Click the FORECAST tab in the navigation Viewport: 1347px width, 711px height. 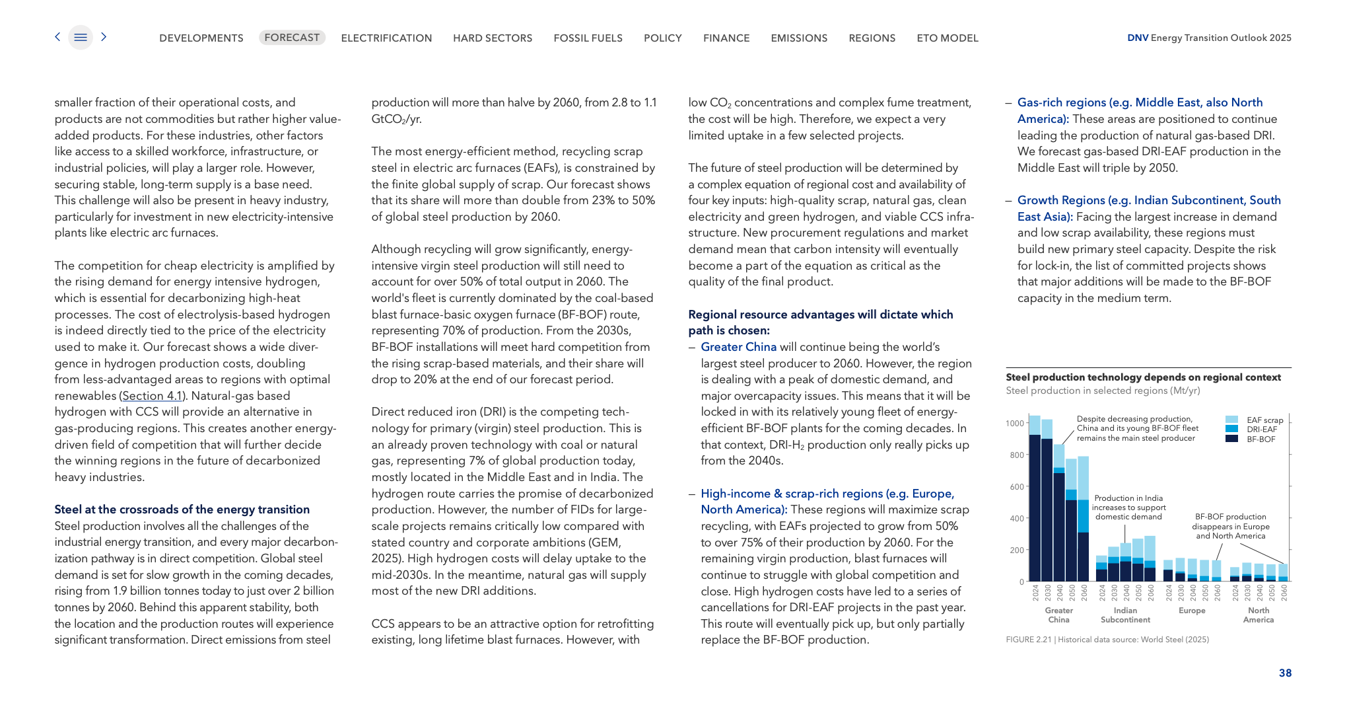point(292,38)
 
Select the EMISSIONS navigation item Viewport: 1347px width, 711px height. point(799,38)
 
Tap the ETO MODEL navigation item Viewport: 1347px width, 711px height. point(947,38)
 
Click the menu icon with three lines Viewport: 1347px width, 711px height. point(81,38)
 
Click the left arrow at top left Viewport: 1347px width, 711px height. point(58,37)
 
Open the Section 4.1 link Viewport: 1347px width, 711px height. point(153,396)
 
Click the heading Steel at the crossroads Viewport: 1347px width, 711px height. point(182,509)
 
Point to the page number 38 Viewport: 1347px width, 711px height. point(1285,673)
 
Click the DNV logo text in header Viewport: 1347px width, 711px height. point(1137,38)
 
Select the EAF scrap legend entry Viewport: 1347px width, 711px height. point(1264,420)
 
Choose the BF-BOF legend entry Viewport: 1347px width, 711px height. point(1260,439)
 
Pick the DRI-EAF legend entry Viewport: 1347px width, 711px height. point(1261,430)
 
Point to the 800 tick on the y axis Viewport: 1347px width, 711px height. point(1016,455)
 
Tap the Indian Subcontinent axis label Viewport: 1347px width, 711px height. point(1125,615)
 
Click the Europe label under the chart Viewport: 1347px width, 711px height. point(1192,611)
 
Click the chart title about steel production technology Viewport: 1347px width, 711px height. point(1143,377)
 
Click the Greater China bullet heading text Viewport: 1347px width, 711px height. point(738,347)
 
